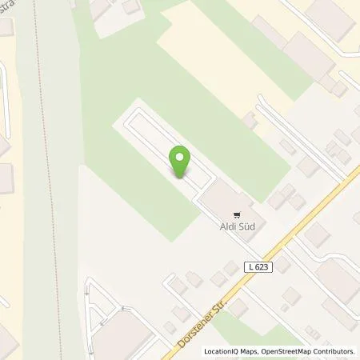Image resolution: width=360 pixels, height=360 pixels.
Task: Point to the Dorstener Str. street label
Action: (x=197, y=315)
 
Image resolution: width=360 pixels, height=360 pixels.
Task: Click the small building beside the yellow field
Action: (x=250, y=120)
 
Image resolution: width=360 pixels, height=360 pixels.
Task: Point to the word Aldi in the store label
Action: (x=226, y=226)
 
